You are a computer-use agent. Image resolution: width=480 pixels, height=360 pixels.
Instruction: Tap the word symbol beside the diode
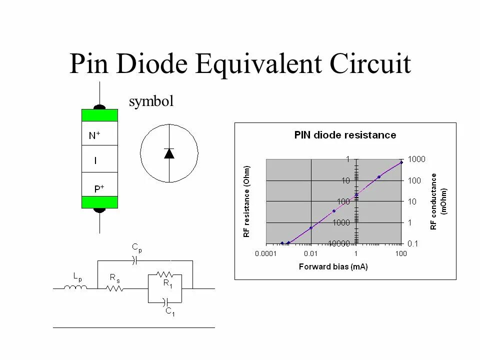pos(151,101)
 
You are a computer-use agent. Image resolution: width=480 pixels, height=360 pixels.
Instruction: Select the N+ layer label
pos(94,135)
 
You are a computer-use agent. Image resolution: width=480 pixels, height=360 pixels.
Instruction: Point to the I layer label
pos(95,161)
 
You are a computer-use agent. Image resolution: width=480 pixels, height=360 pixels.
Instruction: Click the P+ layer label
pos(99,189)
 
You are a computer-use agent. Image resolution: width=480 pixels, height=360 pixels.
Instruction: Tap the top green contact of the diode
pos(99,115)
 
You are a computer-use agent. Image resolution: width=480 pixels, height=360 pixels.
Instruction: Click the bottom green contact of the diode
pos(99,202)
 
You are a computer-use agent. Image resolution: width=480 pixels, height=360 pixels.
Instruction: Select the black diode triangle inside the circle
pos(169,153)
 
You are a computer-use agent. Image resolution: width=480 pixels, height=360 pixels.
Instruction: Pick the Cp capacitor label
pos(136,247)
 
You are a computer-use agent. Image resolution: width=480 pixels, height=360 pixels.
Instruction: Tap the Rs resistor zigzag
pos(115,288)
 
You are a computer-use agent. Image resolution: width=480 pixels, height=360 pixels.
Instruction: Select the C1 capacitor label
pos(170,312)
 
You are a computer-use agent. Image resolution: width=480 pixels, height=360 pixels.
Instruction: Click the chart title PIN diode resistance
pos(345,135)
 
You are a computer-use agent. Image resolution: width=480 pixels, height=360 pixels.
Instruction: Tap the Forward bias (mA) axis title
pos(333,266)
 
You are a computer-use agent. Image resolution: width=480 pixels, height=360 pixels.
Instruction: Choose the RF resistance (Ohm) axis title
pos(246,201)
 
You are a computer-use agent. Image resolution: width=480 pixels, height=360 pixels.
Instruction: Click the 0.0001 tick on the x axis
pos(266,253)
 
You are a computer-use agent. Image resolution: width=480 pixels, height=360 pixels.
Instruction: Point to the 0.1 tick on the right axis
pos(412,243)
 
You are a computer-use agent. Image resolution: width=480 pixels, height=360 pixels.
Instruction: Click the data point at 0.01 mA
pos(311,227)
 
